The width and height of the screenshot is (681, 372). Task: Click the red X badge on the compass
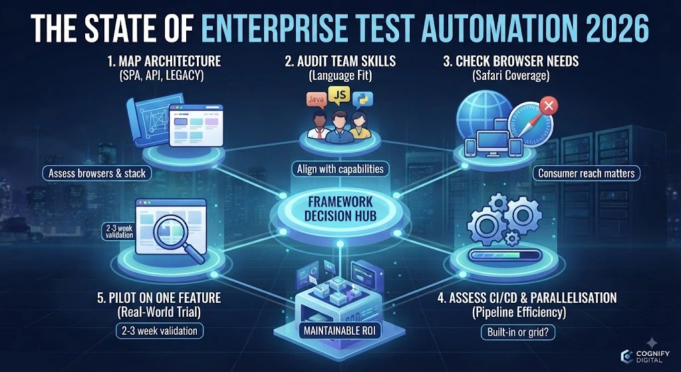549,106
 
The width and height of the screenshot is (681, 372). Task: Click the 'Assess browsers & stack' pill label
97,174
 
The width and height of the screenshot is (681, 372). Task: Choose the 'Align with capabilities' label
340,169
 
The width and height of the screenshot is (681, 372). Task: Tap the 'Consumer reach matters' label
587,174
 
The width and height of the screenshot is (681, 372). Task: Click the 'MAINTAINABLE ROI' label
340,332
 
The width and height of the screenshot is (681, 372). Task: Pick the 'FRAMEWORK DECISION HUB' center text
340,208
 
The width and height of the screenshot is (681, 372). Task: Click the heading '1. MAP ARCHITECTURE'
164,61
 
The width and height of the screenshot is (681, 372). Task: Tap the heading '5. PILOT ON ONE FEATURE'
159,297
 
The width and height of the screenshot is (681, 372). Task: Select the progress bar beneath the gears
505,254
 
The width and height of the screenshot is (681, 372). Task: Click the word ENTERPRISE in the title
271,28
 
